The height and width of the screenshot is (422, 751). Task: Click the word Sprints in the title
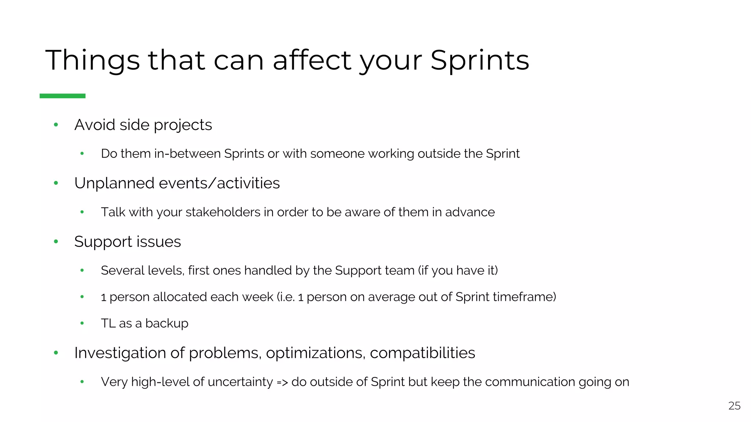click(x=480, y=60)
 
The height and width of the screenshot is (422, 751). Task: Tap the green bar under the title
click(x=62, y=96)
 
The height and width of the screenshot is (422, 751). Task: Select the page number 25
click(x=734, y=406)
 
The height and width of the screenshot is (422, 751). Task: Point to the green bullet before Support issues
click(x=56, y=241)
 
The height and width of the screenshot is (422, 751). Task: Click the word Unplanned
click(x=114, y=183)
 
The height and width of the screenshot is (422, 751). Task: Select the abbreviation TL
click(x=108, y=323)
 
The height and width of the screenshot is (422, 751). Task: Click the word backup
click(x=166, y=323)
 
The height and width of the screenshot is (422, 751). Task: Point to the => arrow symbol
click(x=282, y=382)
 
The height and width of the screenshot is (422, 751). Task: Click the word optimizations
click(x=316, y=353)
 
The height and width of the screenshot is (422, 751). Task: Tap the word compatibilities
click(x=422, y=353)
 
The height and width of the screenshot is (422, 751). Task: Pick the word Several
click(x=122, y=271)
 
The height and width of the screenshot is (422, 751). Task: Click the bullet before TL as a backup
click(x=82, y=323)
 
